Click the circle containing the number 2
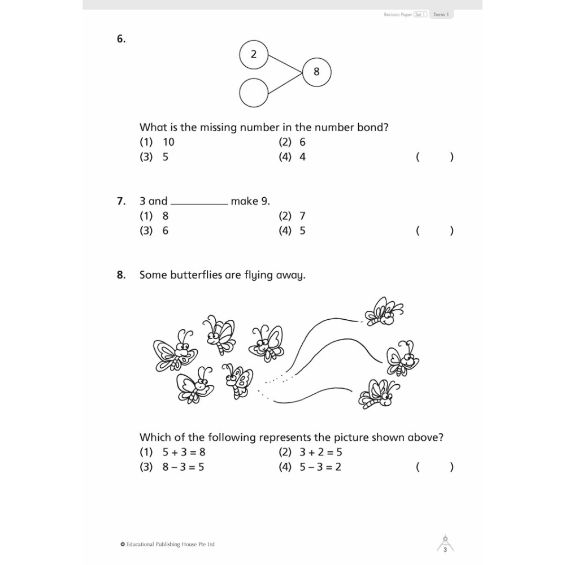254,54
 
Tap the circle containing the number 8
316,72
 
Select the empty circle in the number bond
254,93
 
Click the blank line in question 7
199,202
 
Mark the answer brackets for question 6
434,157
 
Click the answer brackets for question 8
434,467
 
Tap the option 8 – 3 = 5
172,467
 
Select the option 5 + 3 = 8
172,452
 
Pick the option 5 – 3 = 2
310,467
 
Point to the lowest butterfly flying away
378,394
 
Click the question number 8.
120,275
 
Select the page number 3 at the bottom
445,550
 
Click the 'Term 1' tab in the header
441,15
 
